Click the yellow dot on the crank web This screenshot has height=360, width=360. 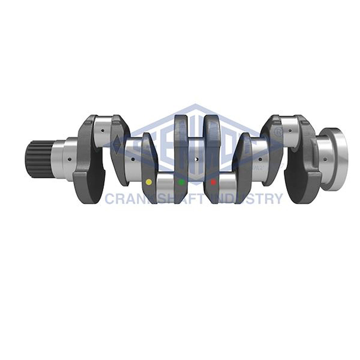(x=149, y=182)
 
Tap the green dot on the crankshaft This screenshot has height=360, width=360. (x=181, y=182)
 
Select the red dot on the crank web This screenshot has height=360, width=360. (x=213, y=182)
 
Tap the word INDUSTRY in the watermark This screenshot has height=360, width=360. (x=247, y=199)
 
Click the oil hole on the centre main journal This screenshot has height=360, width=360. (x=197, y=159)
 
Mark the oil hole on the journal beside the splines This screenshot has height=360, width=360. (x=69, y=159)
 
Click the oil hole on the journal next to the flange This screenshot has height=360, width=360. (x=325, y=159)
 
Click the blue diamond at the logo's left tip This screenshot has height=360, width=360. (x=117, y=143)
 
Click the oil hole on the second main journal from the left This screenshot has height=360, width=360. (x=132, y=159)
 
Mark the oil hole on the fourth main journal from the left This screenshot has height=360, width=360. (x=260, y=159)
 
